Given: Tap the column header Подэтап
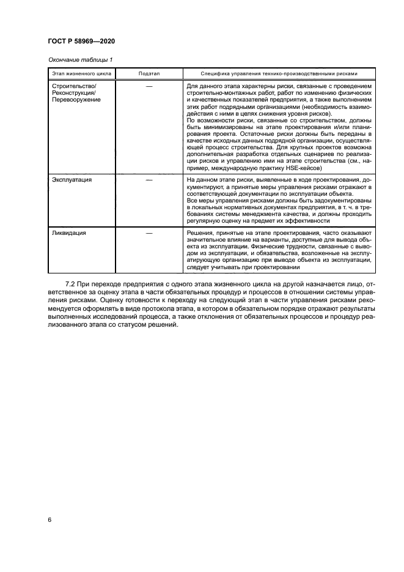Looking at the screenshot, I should click(x=149, y=73).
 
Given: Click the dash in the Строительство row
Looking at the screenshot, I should click(x=149, y=86).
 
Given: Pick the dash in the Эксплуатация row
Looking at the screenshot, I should click(x=149, y=180).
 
